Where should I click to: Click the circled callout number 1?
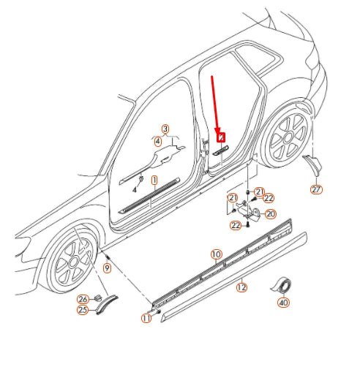(154, 179)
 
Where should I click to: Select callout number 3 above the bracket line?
(165, 129)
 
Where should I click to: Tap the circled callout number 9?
(107, 269)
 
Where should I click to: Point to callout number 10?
(216, 254)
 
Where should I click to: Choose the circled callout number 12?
(241, 287)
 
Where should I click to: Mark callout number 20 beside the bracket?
(271, 213)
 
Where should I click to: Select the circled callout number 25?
(83, 310)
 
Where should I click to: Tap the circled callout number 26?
(83, 299)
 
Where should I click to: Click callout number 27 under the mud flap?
(316, 190)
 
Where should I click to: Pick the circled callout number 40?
(282, 302)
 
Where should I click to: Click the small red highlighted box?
(220, 137)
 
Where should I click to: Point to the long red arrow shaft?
(215, 102)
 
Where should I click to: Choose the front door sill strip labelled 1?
(150, 194)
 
